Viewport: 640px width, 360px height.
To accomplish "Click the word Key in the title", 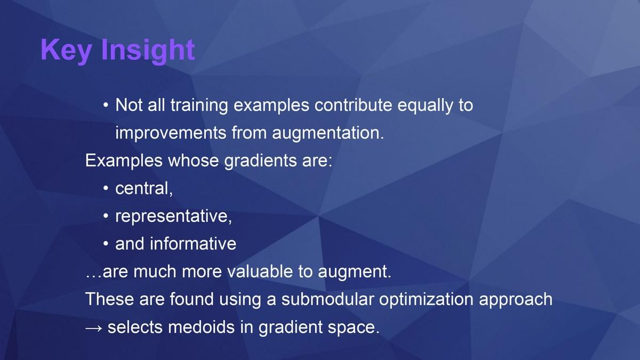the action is [66, 51].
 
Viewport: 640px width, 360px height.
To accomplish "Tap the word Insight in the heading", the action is [148, 51].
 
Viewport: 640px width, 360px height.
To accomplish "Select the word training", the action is [199, 105].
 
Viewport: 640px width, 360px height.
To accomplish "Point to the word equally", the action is [425, 106].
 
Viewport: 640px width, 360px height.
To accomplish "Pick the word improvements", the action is [171, 133].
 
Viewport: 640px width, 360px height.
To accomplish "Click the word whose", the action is [194, 161].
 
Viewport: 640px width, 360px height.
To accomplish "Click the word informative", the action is [193, 243].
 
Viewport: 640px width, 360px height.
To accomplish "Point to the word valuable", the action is [260, 271].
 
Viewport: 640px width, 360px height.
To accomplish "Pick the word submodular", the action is [327, 299].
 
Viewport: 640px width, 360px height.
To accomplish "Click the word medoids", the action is [202, 327].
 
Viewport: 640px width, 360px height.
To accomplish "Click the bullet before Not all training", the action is [106, 105].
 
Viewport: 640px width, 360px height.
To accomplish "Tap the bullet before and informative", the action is [106, 244].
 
